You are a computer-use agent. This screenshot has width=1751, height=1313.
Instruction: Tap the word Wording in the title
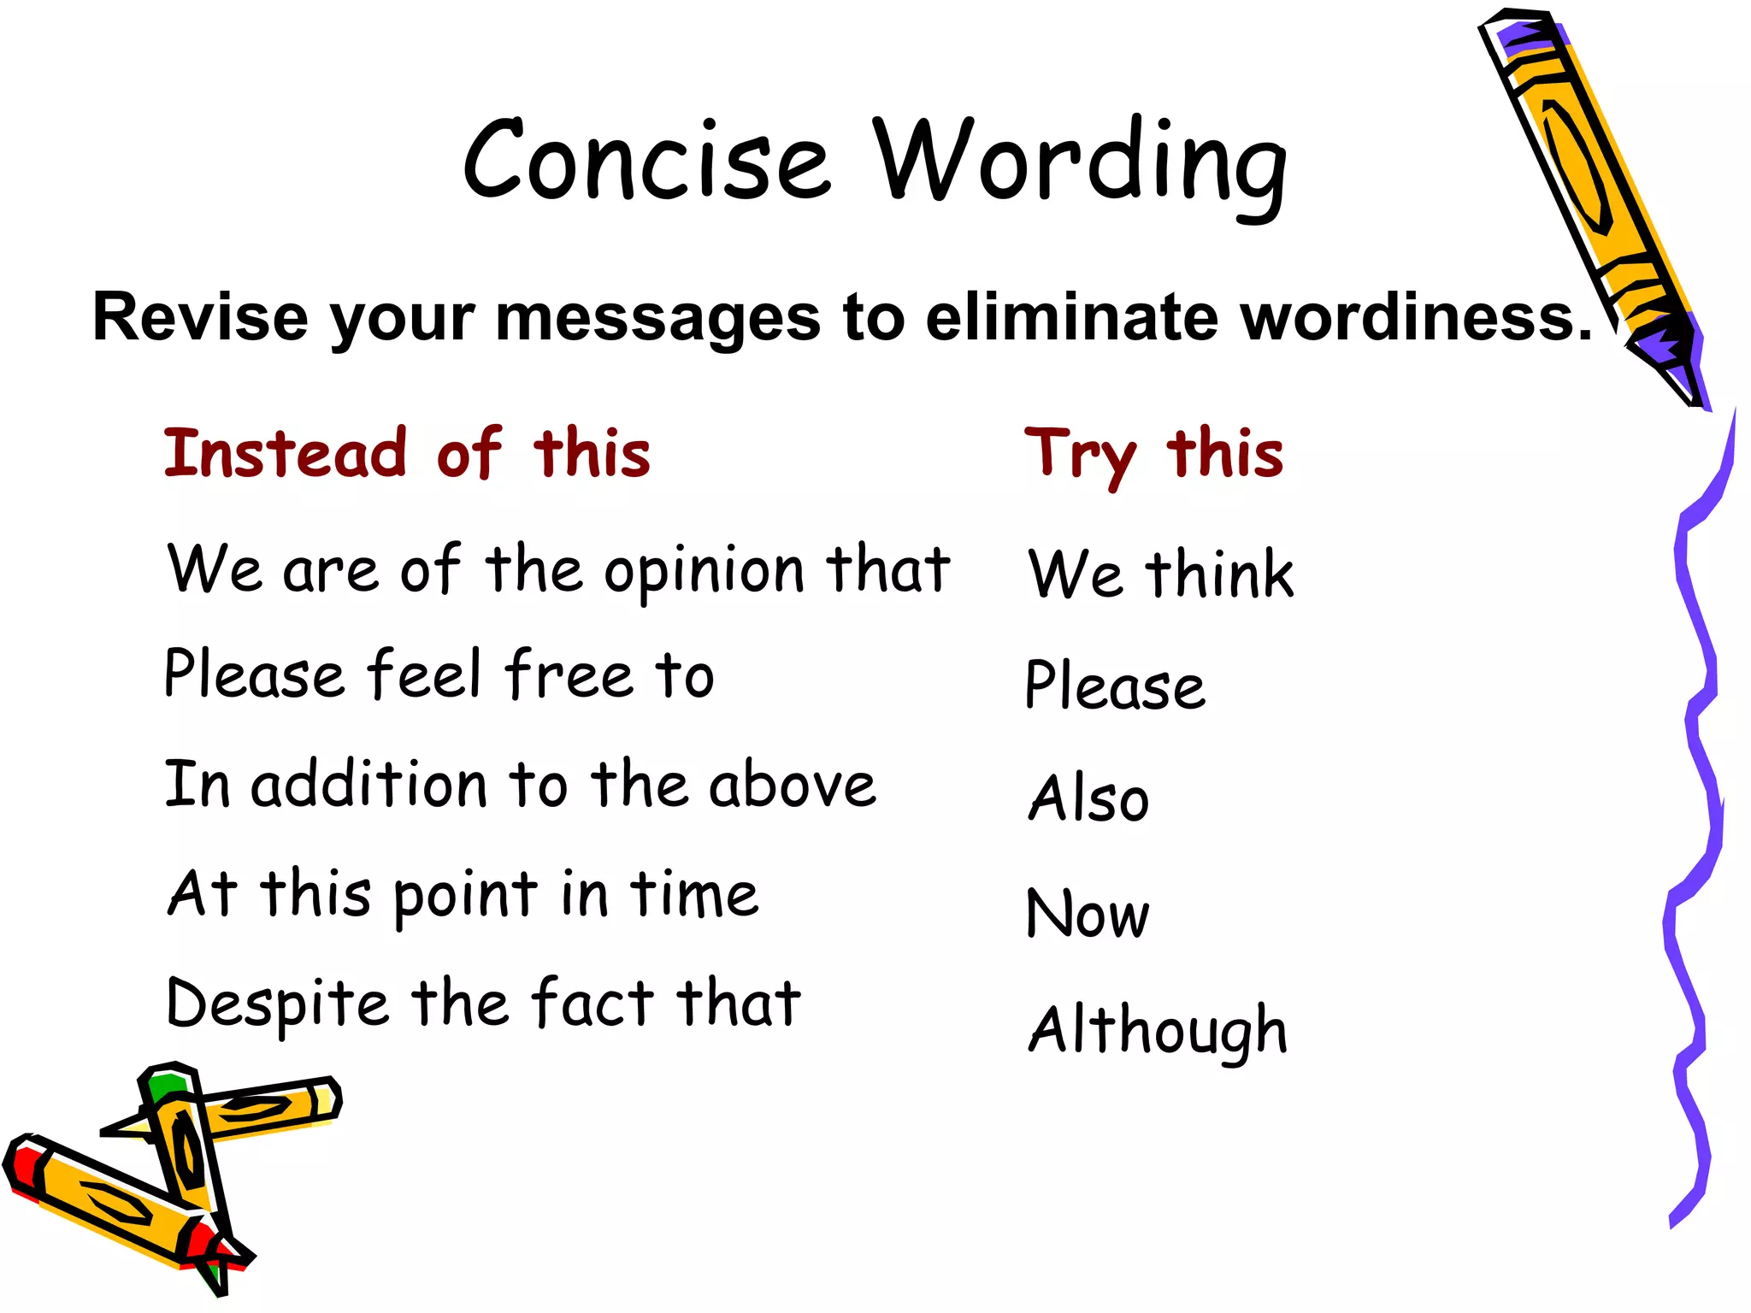pyautogui.click(x=1080, y=162)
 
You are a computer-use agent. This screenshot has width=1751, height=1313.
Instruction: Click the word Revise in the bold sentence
pyautogui.click(x=200, y=317)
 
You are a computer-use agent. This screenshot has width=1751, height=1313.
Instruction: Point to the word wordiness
pyautogui.click(x=1416, y=316)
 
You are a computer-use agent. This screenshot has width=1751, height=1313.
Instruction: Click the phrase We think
pyautogui.click(x=1160, y=574)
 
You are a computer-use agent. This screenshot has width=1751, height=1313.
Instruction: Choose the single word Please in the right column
pyautogui.click(x=1115, y=686)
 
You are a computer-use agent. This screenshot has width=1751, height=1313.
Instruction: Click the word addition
pyautogui.click(x=369, y=785)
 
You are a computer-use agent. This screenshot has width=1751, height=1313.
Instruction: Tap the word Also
pyautogui.click(x=1088, y=798)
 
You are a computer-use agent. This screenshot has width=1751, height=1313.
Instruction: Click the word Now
pyautogui.click(x=1088, y=914)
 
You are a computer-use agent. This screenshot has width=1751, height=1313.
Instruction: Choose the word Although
pyautogui.click(x=1158, y=1031)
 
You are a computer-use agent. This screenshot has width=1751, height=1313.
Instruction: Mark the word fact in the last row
pyautogui.click(x=592, y=1002)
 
